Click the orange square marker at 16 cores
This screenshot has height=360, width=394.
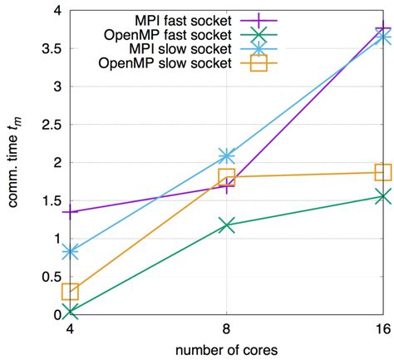pyautogui.click(x=382, y=172)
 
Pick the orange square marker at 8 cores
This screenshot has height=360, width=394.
pyautogui.click(x=226, y=176)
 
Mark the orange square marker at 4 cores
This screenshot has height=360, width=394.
pyautogui.click(x=70, y=291)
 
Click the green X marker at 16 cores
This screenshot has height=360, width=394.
pyautogui.click(x=382, y=196)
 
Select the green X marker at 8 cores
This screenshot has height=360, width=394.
pyautogui.click(x=226, y=225)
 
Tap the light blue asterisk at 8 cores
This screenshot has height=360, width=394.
pyautogui.click(x=226, y=156)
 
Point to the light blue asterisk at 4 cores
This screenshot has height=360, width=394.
pyautogui.click(x=70, y=251)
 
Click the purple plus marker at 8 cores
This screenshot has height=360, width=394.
pyautogui.click(x=226, y=186)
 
